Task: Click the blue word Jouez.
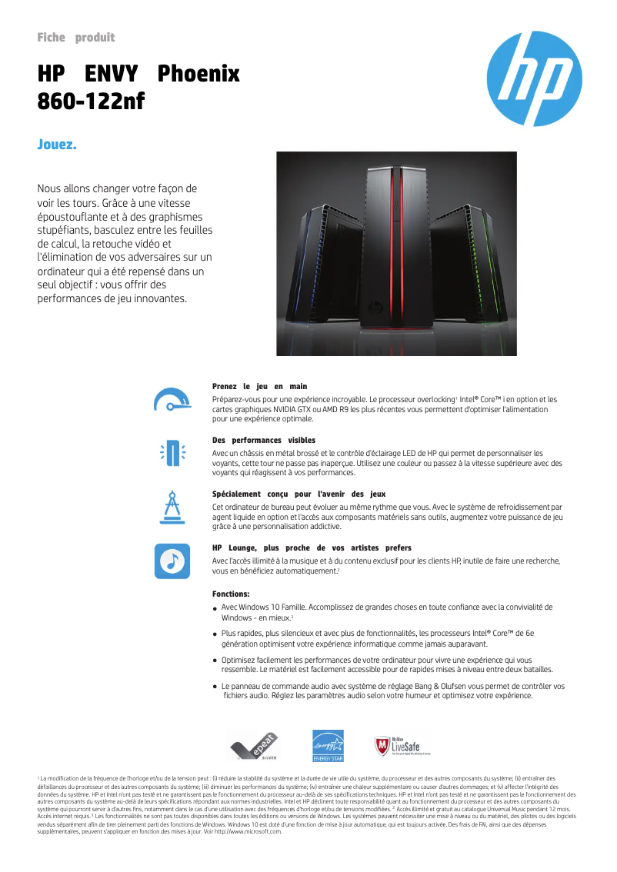pyautogui.click(x=57, y=145)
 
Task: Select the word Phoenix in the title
pyautogui.click(x=198, y=75)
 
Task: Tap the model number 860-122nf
pyautogui.click(x=91, y=101)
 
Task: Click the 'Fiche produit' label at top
pyautogui.click(x=75, y=38)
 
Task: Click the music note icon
pyautogui.click(x=171, y=560)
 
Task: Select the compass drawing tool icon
pyautogui.click(x=171, y=507)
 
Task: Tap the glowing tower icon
pyautogui.click(x=171, y=452)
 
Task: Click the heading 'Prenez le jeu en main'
pyautogui.click(x=259, y=386)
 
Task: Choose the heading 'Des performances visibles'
pyautogui.click(x=264, y=440)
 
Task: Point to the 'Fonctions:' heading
pyautogui.click(x=231, y=594)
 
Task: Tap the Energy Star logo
pyautogui.click(x=327, y=745)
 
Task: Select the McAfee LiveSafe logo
pyautogui.click(x=402, y=745)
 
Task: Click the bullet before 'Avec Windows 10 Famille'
pyautogui.click(x=215, y=609)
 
